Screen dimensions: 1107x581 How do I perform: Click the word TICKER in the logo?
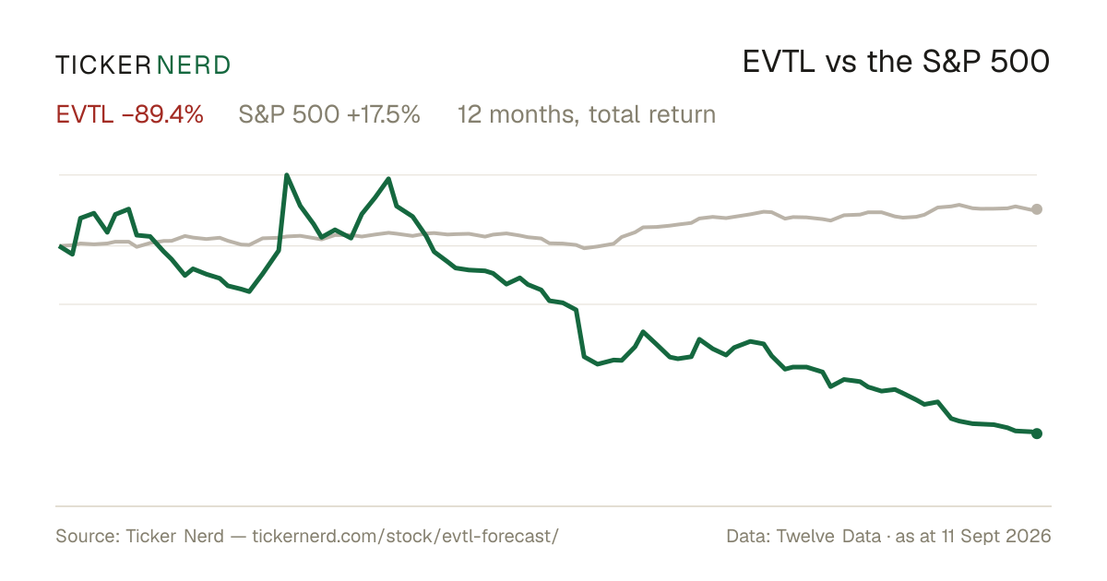[103, 65]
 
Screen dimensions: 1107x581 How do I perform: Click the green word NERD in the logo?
[194, 65]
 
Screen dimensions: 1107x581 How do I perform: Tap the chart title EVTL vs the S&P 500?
[896, 62]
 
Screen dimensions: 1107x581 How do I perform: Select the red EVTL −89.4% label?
[129, 114]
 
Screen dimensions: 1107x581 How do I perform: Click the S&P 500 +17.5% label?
[329, 114]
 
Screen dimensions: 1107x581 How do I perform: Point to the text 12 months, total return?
[587, 114]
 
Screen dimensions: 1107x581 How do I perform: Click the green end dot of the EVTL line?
[1037, 433]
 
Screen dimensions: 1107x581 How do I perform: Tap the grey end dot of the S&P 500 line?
[1037, 209]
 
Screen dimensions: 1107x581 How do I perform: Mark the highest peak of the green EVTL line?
[287, 175]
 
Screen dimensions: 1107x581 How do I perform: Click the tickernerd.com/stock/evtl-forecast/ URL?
[405, 536]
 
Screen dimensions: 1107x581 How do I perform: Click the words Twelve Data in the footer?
[828, 536]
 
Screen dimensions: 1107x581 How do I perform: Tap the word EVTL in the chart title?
[779, 62]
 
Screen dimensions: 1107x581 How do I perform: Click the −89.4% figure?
[162, 114]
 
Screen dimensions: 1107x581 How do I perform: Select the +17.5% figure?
[384, 114]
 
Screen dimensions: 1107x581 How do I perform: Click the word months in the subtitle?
[534, 114]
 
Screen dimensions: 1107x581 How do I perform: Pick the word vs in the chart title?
[840, 65]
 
